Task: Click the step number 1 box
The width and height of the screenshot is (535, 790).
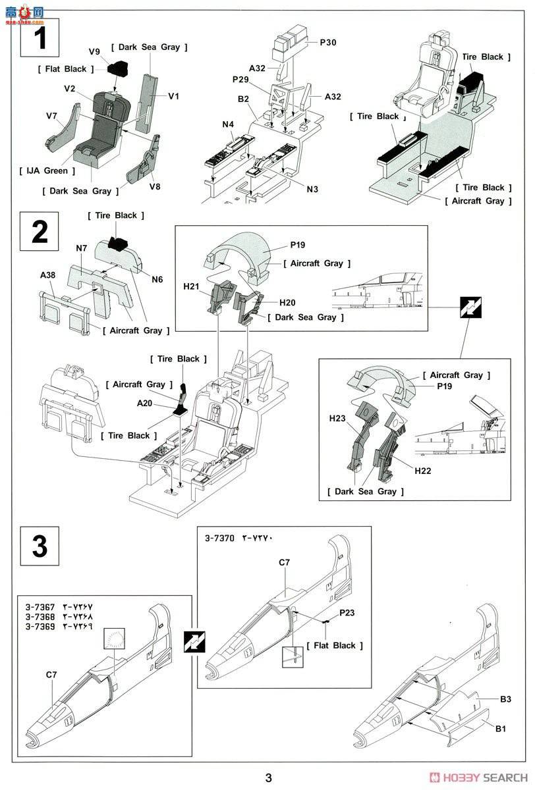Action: point(40,37)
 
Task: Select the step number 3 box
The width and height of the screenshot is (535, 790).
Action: point(40,546)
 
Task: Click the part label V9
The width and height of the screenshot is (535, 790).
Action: point(94,52)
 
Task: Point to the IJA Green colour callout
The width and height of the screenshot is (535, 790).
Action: point(47,171)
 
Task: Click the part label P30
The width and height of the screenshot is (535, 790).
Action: point(327,42)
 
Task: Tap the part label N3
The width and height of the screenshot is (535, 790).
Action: point(312,189)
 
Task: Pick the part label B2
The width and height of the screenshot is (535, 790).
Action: point(243,99)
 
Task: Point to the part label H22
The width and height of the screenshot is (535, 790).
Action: point(422,471)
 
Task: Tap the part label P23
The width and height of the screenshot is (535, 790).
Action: point(347,613)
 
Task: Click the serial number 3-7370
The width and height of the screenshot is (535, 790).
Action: point(219,538)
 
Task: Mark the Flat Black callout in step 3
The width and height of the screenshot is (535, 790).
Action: point(335,645)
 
